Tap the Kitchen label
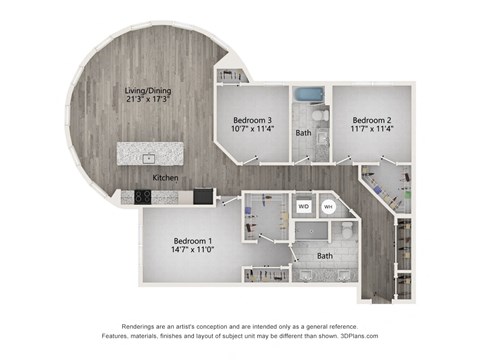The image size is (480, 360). pos(165,177)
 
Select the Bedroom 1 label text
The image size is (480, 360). pos(190,241)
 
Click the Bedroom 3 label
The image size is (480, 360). pos(253,120)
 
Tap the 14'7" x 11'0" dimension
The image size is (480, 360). pos(190,252)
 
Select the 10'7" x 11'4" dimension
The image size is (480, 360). pos(253,131)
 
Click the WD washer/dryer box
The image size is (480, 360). pos(304,207)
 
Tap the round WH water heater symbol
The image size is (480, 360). pos(328,207)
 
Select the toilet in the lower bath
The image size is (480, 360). pos(346,229)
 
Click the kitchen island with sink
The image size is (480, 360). pos(150,153)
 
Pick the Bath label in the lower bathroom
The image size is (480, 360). pos(324,256)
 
